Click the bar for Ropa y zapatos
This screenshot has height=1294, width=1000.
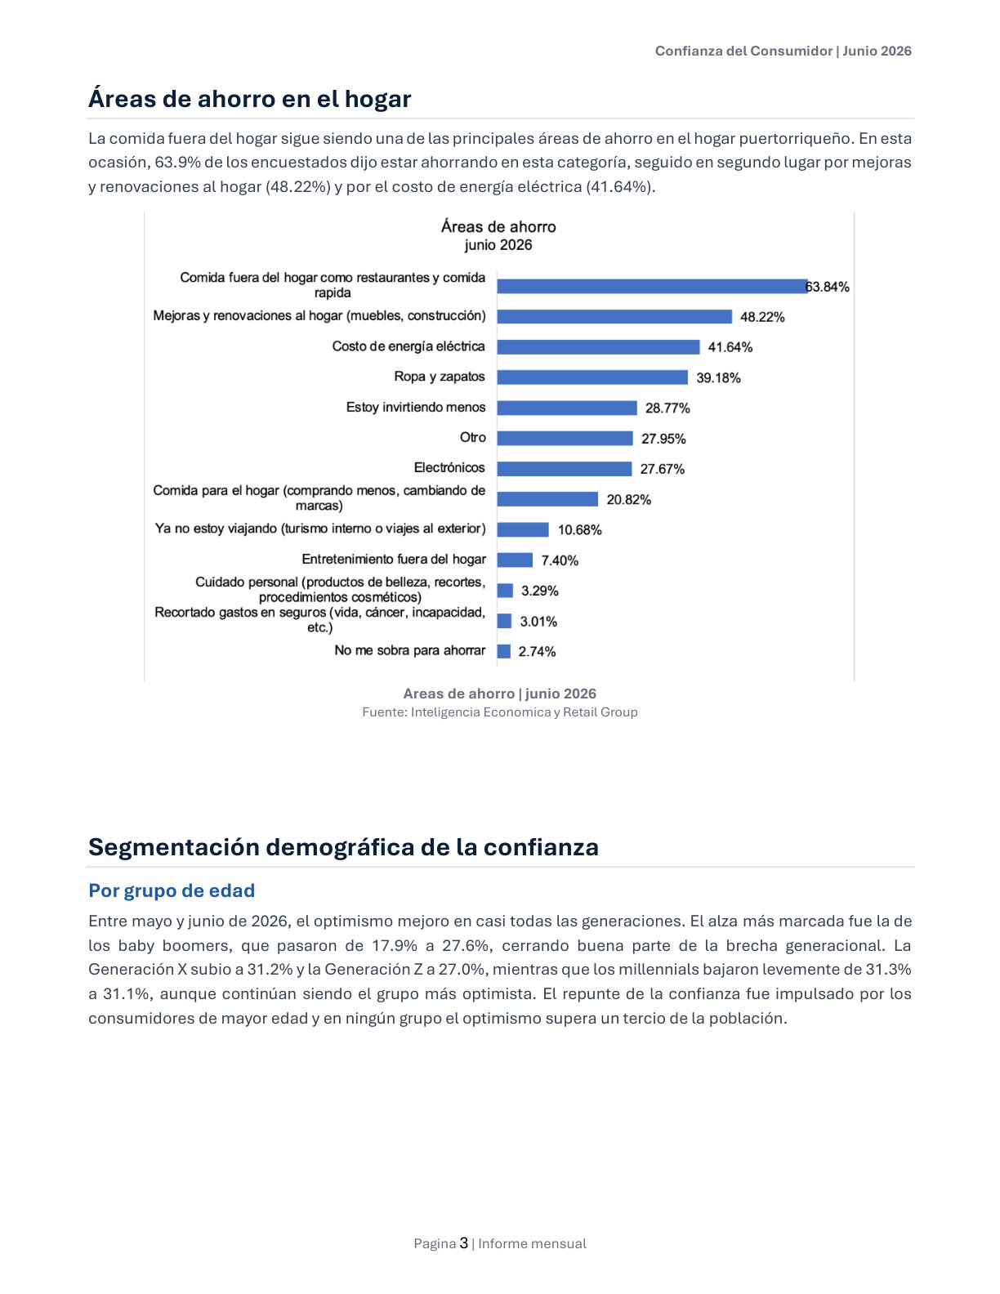pos(592,377)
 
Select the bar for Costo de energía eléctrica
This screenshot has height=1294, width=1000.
pos(598,346)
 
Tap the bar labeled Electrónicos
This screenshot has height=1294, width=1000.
pos(564,469)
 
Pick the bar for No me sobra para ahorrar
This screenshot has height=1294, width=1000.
pos(504,651)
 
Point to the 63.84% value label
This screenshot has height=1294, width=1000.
pos(828,287)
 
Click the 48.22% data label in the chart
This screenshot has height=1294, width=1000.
pos(762,317)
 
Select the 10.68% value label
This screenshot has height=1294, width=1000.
pos(579,529)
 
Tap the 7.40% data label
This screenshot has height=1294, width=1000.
pos(560,560)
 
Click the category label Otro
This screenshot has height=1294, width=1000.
pos(472,437)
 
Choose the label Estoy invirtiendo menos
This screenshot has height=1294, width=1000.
pos(416,407)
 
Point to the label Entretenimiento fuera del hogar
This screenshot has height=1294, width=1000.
pos(394,559)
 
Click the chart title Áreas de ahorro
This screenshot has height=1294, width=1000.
pos(498,226)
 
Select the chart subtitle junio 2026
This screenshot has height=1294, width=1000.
pos(498,245)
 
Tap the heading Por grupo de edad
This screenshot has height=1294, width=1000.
pos(172,890)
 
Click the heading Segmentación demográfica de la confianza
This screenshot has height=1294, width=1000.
pos(344,847)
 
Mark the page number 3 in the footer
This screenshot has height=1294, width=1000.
pos(464,1243)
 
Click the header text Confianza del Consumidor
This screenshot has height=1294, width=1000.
pos(743,51)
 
